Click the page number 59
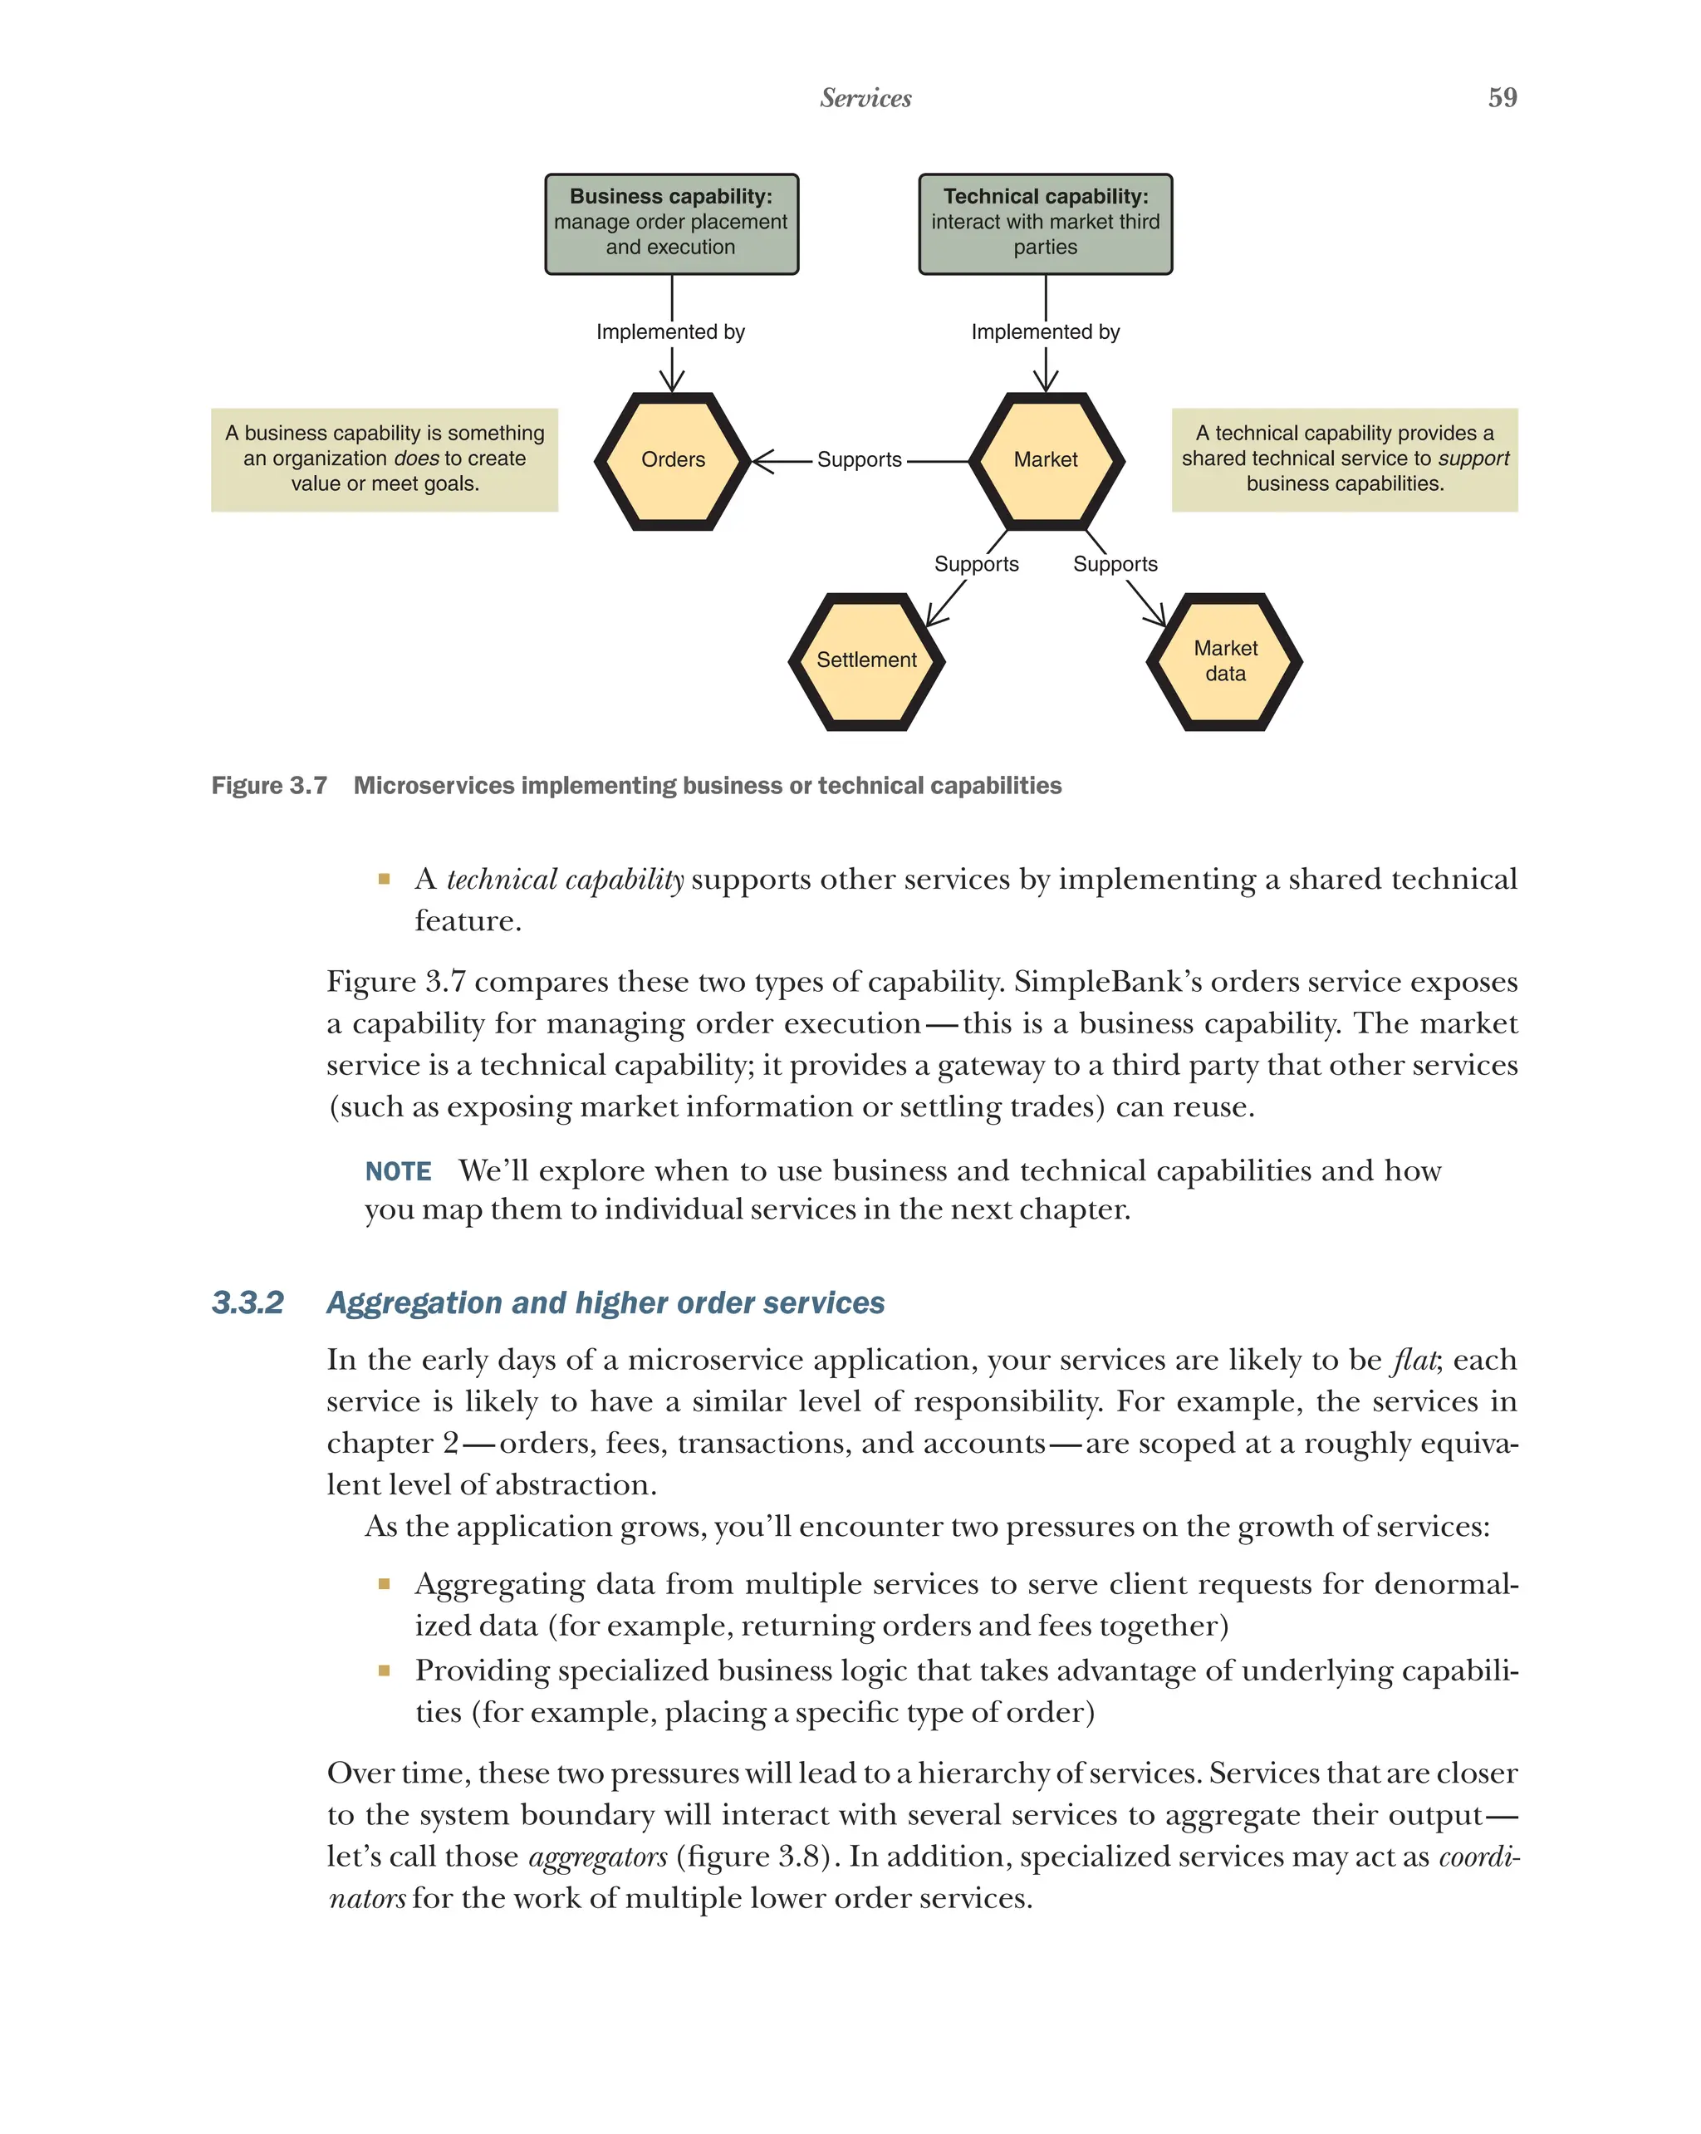(x=1501, y=97)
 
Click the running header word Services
(x=865, y=98)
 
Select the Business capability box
(x=671, y=223)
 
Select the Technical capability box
(x=1044, y=223)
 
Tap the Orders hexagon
(x=672, y=460)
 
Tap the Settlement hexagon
(x=865, y=661)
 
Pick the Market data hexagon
(x=1224, y=661)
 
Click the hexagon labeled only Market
(x=1045, y=460)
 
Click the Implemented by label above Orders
(x=670, y=331)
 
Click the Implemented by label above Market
(x=1044, y=331)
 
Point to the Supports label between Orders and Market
(x=859, y=460)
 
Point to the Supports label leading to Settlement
(x=976, y=564)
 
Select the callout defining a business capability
(x=384, y=459)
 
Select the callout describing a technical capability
(x=1344, y=459)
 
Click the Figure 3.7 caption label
(x=269, y=786)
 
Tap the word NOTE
(x=398, y=1172)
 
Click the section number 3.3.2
(x=248, y=1302)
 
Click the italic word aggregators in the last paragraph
(x=598, y=1857)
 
